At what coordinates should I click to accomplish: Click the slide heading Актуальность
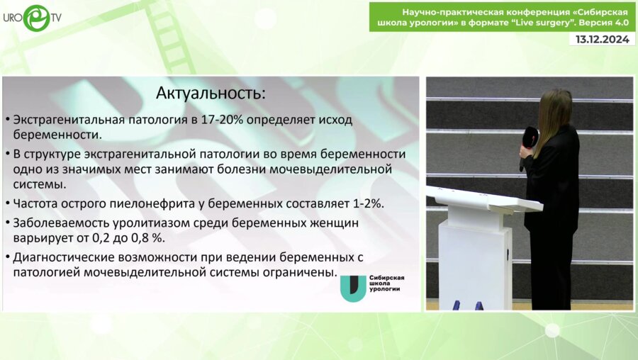(x=211, y=94)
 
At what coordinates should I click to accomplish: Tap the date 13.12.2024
(x=602, y=39)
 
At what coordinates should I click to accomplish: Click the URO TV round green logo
(x=37, y=18)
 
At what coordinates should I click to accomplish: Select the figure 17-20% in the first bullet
(x=222, y=120)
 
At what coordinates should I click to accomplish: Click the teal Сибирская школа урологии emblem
(x=354, y=288)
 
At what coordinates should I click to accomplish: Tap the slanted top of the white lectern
(x=483, y=198)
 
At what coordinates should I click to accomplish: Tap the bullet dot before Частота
(x=8, y=203)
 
